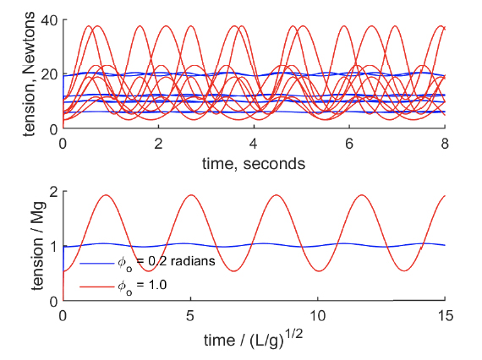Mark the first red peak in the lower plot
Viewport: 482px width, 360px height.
point(107,195)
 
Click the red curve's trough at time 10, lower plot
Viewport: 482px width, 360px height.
point(319,271)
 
